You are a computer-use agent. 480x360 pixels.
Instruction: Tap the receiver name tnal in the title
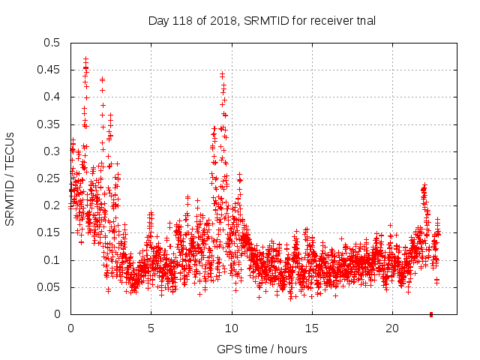coord(364,20)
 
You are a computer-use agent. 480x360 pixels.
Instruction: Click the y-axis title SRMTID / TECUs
coord(10,178)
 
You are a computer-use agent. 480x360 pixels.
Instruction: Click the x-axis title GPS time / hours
coord(261,349)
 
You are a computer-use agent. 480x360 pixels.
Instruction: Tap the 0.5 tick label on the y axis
coord(51,43)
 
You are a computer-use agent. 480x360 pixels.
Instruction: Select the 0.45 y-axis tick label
coord(48,70)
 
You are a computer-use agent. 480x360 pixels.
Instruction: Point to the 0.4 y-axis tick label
coord(51,97)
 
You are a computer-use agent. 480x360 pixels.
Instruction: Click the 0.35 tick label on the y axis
coord(48,124)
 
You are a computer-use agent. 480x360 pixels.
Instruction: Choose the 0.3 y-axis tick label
coord(51,151)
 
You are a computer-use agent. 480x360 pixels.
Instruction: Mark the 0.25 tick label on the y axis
coord(48,178)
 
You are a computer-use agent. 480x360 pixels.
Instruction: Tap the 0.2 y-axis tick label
coord(51,205)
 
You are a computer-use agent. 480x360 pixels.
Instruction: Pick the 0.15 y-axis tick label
coord(48,233)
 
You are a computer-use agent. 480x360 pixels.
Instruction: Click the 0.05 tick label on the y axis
coord(48,287)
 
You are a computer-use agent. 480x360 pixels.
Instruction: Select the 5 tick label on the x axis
coord(151,328)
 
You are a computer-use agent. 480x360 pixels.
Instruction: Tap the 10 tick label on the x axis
coord(232,328)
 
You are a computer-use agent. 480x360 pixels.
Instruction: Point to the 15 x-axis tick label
coord(312,328)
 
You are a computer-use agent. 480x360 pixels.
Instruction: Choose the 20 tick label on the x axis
coord(392,328)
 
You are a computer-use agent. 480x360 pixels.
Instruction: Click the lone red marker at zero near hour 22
coord(431,314)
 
